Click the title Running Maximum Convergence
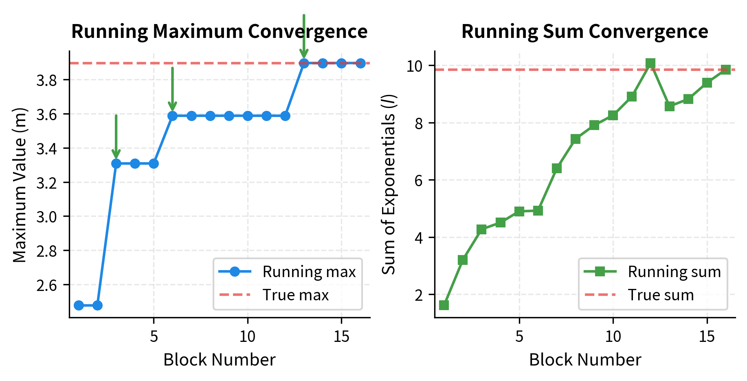pos(219,32)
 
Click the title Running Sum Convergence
pos(584,32)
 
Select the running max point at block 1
pos(79,305)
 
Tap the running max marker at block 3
pos(116,163)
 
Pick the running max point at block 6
pos(172,116)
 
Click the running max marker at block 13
pos(304,63)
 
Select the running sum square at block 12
pos(650,63)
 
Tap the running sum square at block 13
pos(669,106)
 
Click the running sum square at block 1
pos(444,305)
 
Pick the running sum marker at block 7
pos(557,168)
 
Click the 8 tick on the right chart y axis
pos(419,123)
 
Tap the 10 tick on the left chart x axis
pos(247,337)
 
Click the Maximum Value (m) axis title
pos(20,185)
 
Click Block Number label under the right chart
pos(585,360)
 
